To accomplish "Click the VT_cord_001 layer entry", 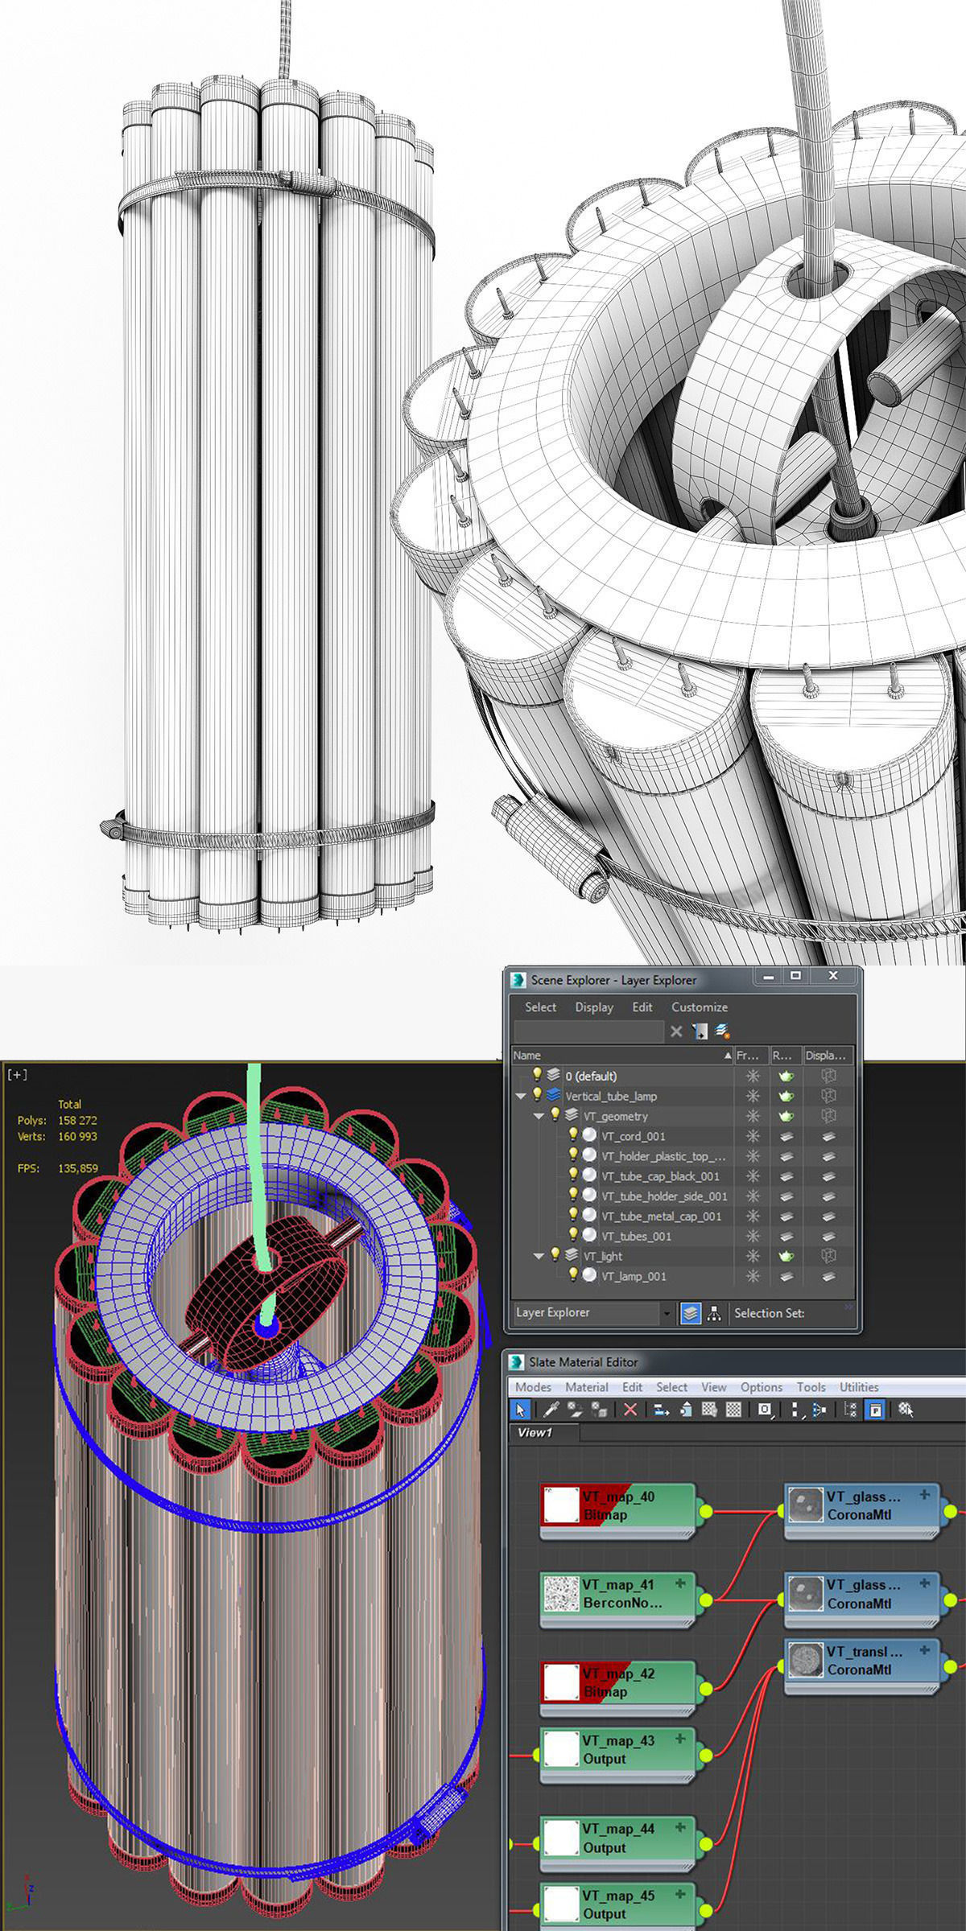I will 633,1136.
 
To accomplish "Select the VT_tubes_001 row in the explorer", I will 635,1236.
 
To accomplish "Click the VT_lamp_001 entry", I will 633,1276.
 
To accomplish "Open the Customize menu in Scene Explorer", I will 699,1007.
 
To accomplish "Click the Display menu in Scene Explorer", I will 593,1007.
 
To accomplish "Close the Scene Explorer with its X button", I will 833,976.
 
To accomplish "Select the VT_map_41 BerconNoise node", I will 620,1593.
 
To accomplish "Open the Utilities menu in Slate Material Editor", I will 858,1387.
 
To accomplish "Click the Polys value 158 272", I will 77,1120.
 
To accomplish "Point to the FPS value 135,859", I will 77,1168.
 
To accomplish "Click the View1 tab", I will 535,1432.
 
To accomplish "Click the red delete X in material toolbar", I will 630,1410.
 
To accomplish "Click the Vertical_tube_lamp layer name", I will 610,1096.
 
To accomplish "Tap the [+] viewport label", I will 17,1075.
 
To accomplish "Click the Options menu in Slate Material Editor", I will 761,1387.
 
